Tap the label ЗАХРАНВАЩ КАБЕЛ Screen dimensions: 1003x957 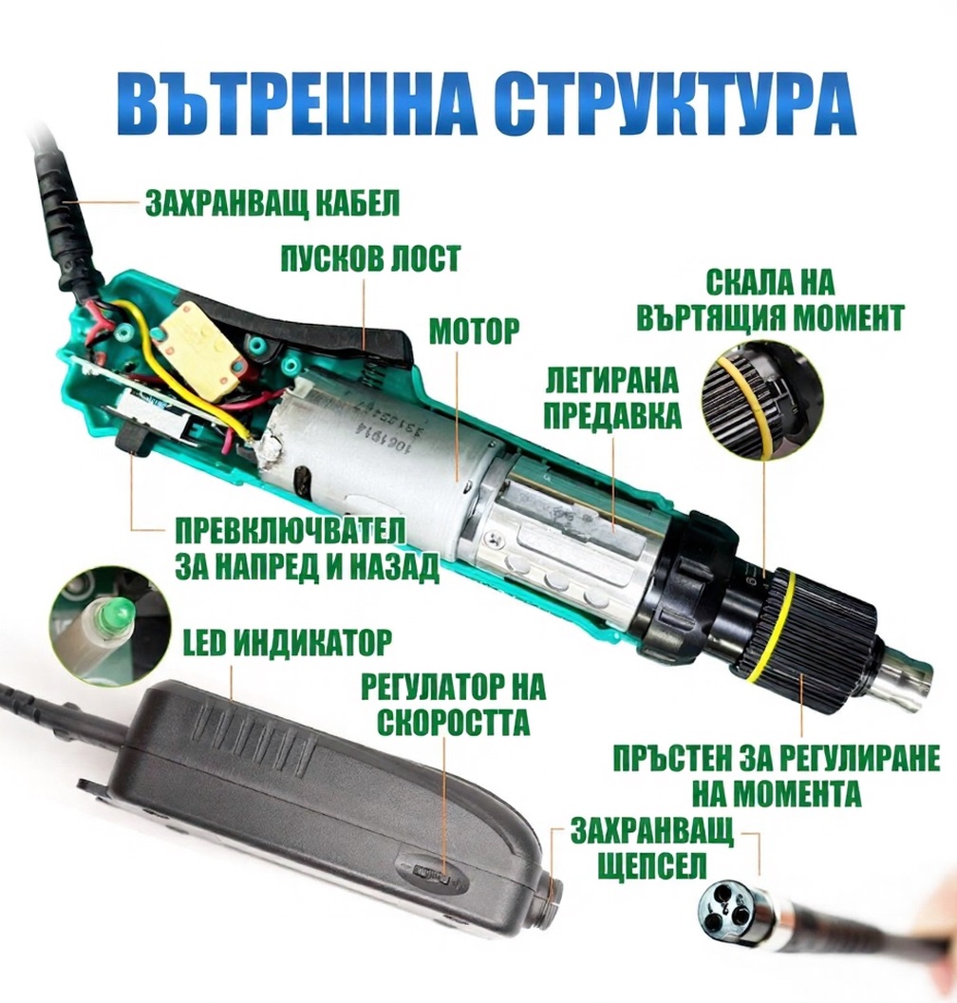point(272,202)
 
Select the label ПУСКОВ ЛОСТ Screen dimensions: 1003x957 point(370,258)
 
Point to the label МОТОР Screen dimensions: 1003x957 point(475,331)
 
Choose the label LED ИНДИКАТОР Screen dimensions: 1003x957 point(287,643)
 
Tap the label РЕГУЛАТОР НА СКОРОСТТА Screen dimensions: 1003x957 point(453,704)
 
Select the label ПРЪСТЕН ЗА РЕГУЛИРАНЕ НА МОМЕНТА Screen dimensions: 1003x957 point(777,775)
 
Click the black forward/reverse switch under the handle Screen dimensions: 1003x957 point(133,443)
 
